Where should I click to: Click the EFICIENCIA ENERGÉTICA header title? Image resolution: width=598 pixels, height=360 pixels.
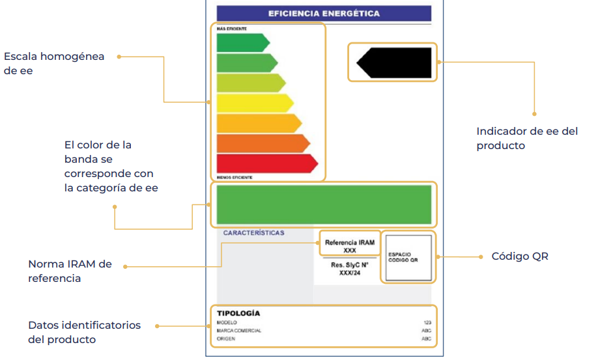click(324, 14)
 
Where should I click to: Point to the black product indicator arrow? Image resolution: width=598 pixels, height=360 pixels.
click(394, 62)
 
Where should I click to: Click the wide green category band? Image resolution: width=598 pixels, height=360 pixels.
click(324, 204)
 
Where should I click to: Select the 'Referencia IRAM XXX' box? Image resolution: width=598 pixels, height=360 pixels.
click(350, 246)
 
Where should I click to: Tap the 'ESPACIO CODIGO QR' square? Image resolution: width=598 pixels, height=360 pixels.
click(408, 258)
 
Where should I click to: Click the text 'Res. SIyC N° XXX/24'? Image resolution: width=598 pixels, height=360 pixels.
click(350, 269)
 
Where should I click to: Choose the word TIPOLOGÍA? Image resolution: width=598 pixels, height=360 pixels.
click(238, 313)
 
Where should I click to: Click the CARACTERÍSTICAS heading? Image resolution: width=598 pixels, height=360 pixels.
click(254, 233)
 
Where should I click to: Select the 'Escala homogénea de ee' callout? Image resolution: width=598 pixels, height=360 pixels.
click(53, 64)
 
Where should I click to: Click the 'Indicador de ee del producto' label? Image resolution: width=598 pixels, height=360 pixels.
click(526, 138)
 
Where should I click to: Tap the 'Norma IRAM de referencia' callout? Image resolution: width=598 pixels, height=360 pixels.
click(70, 271)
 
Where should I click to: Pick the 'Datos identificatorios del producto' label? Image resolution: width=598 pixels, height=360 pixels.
click(84, 332)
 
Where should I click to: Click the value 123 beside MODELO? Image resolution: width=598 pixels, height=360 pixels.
click(427, 322)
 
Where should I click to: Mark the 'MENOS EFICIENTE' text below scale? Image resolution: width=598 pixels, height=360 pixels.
click(235, 177)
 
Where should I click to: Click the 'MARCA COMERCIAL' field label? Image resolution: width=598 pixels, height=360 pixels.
click(239, 331)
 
